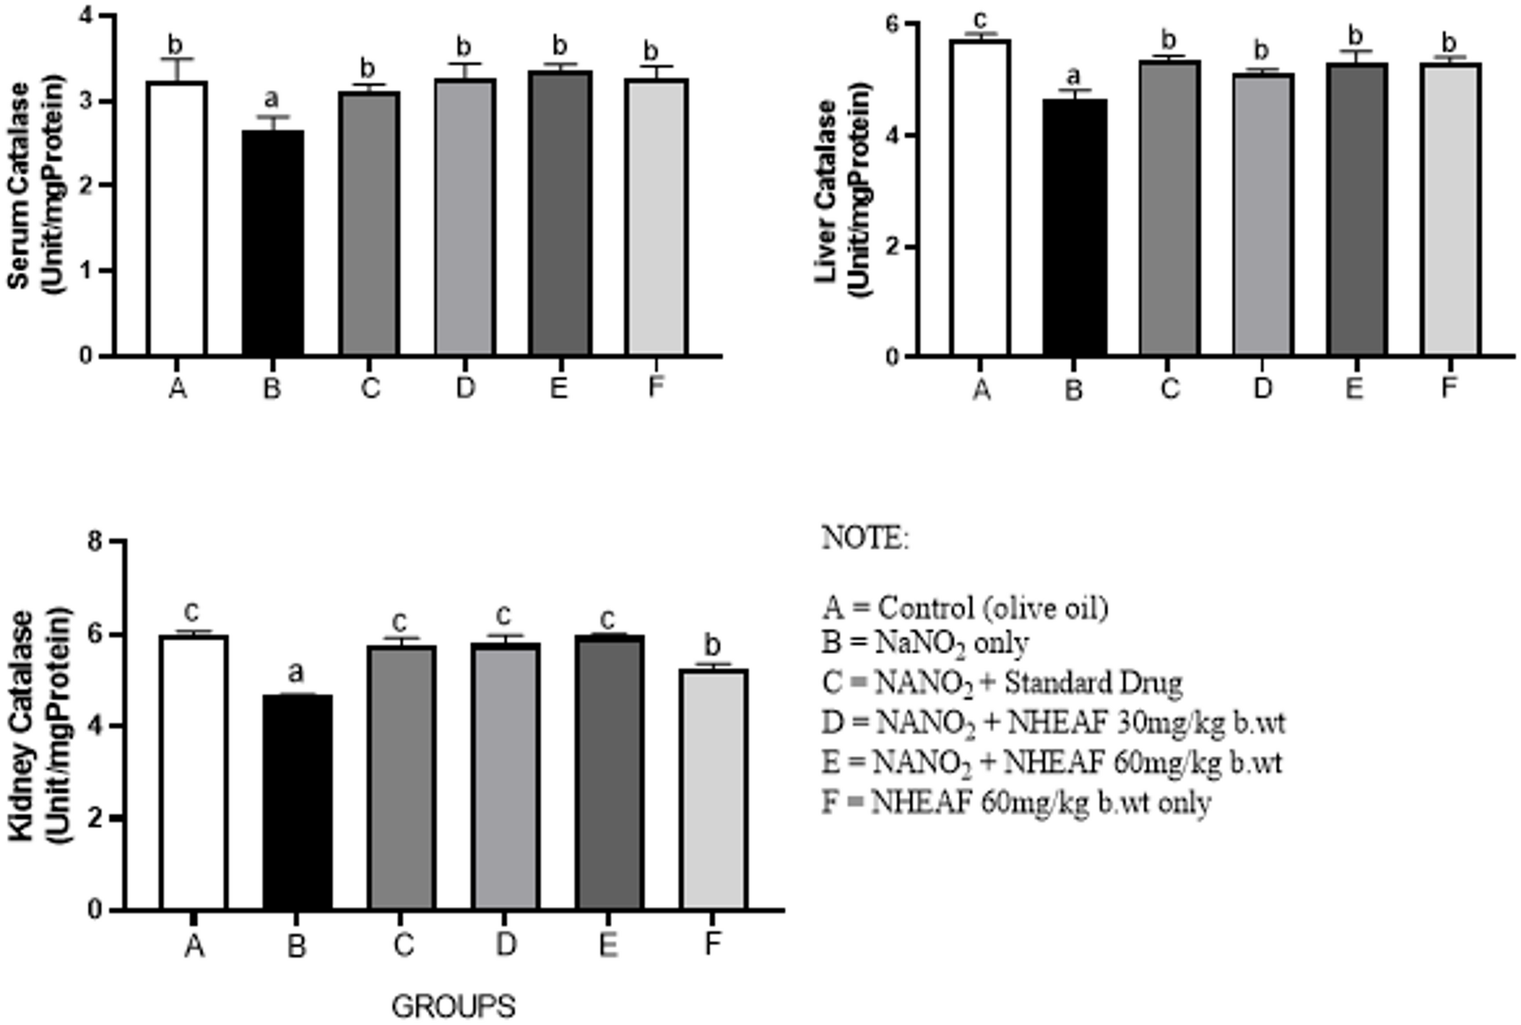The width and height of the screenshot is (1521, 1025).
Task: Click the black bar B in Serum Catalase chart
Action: [273, 242]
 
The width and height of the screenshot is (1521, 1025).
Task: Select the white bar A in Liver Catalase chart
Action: [980, 197]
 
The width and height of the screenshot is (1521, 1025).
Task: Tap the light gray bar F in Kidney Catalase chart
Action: [713, 788]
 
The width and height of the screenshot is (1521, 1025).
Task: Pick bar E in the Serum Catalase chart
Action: [560, 212]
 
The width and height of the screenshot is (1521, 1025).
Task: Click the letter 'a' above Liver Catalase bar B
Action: [1073, 76]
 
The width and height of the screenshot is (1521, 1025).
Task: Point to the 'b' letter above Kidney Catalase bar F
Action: [712, 645]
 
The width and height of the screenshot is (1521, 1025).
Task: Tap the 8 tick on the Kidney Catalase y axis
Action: [95, 542]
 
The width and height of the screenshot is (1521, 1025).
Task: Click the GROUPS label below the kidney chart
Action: [453, 1007]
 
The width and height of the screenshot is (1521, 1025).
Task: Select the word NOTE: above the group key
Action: [865, 538]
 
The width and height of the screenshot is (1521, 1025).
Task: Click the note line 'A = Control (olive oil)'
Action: [965, 608]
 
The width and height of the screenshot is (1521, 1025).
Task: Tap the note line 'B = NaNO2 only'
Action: [925, 644]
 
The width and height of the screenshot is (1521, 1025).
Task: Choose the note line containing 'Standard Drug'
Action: [1001, 683]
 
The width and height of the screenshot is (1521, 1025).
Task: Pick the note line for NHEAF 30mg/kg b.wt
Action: [1053, 723]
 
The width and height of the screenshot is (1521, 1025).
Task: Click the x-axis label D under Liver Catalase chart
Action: [1262, 389]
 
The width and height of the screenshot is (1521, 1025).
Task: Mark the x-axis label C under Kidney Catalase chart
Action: [403, 945]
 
